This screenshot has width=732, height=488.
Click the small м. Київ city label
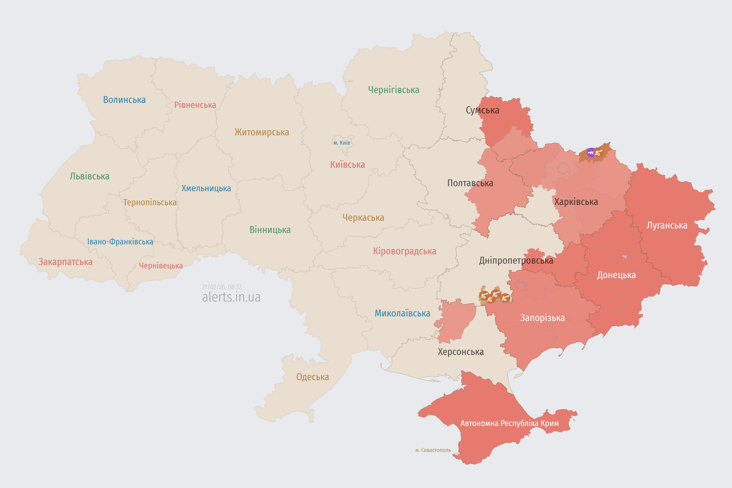[x=342, y=143]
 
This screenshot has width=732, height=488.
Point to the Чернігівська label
[x=394, y=90]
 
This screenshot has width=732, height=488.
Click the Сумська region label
[x=482, y=110]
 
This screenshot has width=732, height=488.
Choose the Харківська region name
[x=576, y=202]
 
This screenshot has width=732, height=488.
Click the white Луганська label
[x=667, y=225]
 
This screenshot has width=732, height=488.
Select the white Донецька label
[x=616, y=275]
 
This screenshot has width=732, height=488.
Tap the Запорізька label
[x=543, y=318]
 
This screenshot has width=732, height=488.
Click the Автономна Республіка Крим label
[x=510, y=423]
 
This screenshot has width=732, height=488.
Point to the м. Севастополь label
[x=433, y=450]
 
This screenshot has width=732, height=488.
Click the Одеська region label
[x=312, y=377]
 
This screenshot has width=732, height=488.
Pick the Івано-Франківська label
[x=120, y=242]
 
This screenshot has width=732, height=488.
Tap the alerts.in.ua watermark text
[x=231, y=297]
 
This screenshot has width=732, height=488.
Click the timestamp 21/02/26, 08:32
[x=222, y=287]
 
